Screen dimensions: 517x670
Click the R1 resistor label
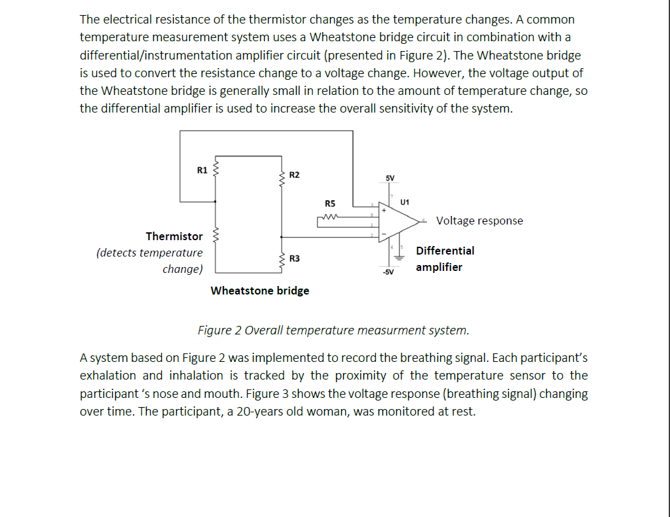tap(202, 170)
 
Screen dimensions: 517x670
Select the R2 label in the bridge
tap(294, 175)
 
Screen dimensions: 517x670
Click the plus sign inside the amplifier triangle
tap(385, 211)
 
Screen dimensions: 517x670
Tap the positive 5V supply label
tap(390, 178)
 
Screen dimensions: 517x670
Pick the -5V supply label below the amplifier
tap(388, 272)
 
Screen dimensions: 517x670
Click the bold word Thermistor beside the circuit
tap(174, 236)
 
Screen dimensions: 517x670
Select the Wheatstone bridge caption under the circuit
tap(260, 291)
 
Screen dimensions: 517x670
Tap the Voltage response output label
tap(479, 221)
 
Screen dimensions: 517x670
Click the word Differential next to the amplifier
tap(445, 251)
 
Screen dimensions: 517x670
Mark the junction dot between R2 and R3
tap(282, 237)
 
